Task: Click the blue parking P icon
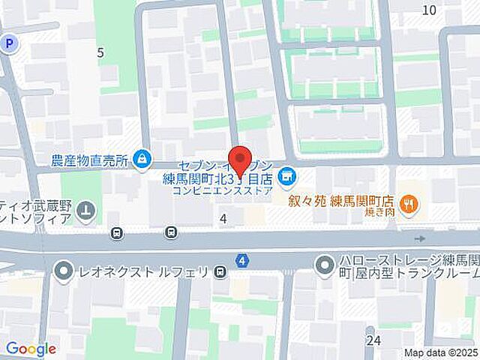pos(8,44)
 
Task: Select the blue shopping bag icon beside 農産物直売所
pos(141,158)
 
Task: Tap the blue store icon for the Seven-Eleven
pos(286,178)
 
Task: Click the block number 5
pos(100,52)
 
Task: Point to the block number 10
pos(429,10)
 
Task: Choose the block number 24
pos(373,340)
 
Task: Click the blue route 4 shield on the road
pos(241,260)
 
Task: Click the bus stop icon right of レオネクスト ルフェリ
pos(220,270)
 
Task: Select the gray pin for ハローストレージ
pos(324,265)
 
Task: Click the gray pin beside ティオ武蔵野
pos(86,211)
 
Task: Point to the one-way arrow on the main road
pos(419,238)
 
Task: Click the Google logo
pos(31,349)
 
